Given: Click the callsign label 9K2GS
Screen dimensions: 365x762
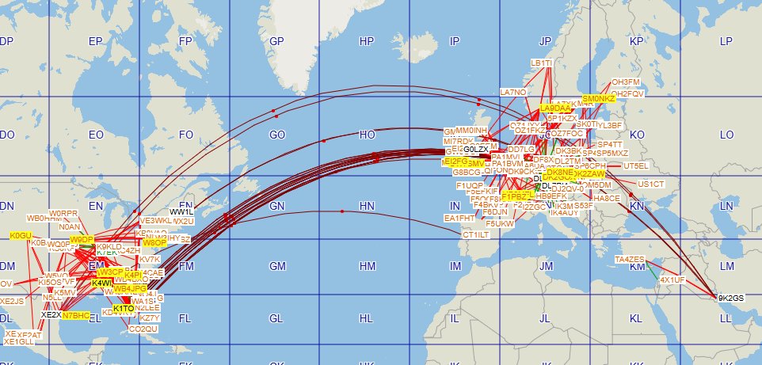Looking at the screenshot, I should point(731,298).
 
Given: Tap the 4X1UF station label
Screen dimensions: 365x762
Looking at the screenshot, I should point(672,279).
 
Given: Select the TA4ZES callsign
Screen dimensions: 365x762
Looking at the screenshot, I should point(630,260).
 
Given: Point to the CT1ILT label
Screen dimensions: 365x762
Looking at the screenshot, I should point(477,235).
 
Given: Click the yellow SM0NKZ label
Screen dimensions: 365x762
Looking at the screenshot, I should point(598,98).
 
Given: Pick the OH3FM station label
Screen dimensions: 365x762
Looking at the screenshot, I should point(626,82).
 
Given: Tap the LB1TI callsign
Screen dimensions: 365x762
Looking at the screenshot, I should point(542,63).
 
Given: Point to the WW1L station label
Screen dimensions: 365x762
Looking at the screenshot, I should point(181,212).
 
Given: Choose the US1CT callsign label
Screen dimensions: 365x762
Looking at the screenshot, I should point(651,184).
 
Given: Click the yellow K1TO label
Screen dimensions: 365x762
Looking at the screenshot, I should point(124,308).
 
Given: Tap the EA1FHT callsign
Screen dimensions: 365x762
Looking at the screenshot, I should point(459,218).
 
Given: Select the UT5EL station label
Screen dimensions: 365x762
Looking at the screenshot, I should point(636,165).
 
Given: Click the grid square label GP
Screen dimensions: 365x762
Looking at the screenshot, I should point(276,41).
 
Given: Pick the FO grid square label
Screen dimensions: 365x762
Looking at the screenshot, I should point(186,135).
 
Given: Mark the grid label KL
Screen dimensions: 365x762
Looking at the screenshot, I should point(635,319).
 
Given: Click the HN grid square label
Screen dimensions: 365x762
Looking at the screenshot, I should point(366,206).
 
